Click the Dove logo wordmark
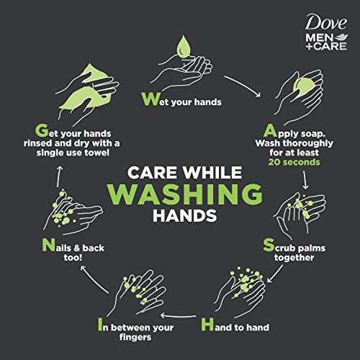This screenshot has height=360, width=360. tap(326, 22)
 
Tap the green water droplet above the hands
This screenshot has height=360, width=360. tap(184, 47)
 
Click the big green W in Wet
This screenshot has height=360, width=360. tap(150, 99)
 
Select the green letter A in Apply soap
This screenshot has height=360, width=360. tap(270, 131)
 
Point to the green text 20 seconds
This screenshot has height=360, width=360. tap(294, 162)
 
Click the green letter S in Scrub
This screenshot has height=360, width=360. tap(269, 245)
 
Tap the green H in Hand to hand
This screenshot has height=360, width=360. tap(207, 324)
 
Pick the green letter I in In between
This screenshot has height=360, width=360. tap(100, 324)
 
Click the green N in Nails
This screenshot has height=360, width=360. tap(49, 245)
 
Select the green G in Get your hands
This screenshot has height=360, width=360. tap(42, 130)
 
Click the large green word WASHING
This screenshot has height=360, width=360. tap(185, 194)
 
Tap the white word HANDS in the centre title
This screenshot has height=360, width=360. tap(185, 215)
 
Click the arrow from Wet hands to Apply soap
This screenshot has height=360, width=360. tap(243, 84)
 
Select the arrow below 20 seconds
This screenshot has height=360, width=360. tap(305, 180)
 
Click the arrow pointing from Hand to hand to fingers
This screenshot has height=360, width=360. tap(178, 315)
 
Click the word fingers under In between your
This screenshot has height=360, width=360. tap(135, 337)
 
